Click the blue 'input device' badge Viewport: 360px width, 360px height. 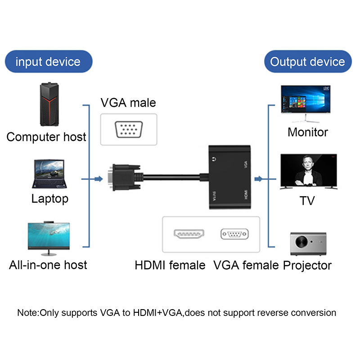click(48, 62)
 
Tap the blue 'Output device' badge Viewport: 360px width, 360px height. click(308, 62)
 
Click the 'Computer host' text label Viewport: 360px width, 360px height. click(46, 136)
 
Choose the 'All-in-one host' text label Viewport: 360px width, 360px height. click(48, 264)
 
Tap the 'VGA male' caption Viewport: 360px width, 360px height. click(128, 103)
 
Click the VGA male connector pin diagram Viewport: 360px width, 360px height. click(129, 130)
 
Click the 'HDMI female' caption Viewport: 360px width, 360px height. click(170, 265)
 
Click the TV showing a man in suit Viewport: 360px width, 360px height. click(308, 171)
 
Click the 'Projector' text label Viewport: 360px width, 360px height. click(307, 265)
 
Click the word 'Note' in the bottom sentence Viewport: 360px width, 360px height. click(28, 312)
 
